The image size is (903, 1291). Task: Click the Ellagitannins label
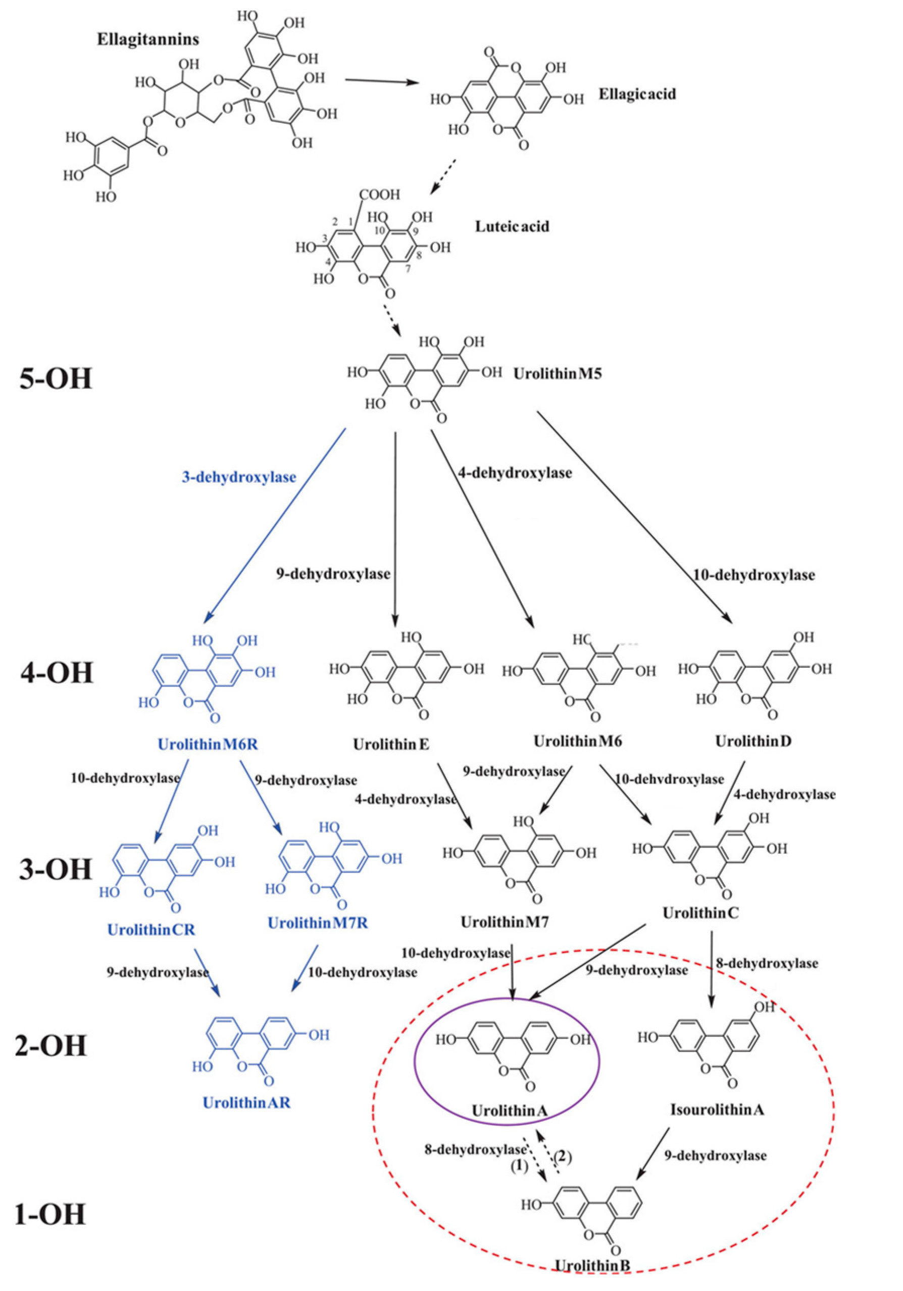(148, 39)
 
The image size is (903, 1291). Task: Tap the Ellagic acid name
(637, 94)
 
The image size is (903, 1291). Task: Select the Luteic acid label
(511, 226)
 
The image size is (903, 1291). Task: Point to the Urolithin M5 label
(558, 374)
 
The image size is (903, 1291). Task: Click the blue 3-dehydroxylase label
(239, 477)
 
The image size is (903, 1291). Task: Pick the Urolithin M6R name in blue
(208, 744)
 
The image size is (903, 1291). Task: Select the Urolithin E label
(391, 745)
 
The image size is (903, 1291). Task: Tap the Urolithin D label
(753, 742)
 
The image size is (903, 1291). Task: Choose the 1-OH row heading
(51, 1213)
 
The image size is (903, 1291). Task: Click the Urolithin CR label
(151, 930)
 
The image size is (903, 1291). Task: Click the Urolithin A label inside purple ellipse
(510, 1111)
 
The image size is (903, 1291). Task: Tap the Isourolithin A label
(717, 1110)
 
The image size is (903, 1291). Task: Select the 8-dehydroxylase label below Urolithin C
(767, 963)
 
